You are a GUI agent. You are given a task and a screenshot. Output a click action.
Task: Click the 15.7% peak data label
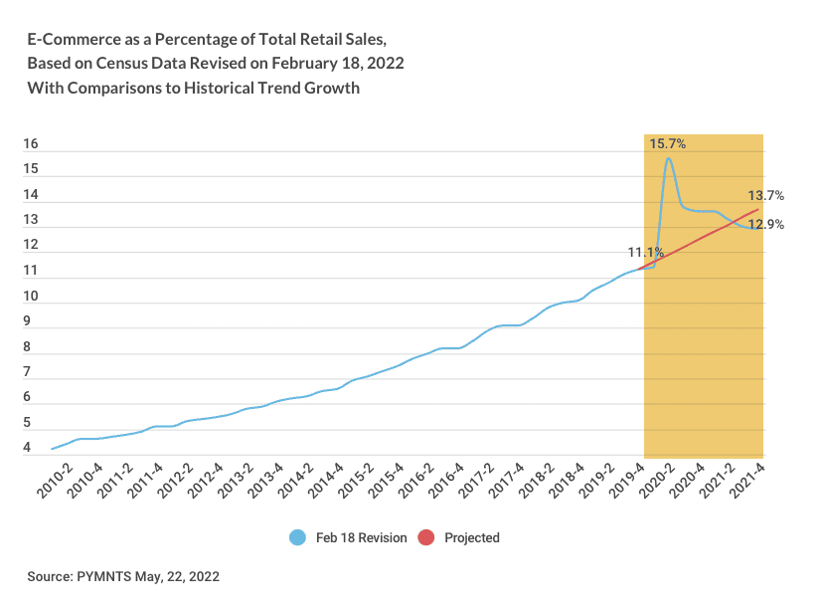[667, 144]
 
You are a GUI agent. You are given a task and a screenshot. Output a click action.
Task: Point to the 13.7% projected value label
[766, 196]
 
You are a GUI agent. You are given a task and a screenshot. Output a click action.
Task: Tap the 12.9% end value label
[766, 225]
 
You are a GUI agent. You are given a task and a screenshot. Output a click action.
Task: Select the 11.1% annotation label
[645, 253]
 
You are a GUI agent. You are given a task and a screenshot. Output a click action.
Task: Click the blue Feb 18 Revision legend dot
[297, 537]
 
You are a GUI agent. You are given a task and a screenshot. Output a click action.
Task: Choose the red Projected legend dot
[426, 537]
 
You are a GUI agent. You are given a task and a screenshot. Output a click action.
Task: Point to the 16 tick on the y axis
[31, 144]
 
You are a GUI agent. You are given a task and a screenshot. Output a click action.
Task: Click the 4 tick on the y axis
[28, 449]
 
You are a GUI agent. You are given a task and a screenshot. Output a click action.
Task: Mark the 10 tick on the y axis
[31, 297]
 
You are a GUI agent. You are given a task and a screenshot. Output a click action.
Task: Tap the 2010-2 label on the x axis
[57, 480]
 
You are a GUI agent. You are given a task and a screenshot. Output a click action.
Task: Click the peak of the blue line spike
[668, 158]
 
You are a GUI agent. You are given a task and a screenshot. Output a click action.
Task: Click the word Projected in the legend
[472, 537]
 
